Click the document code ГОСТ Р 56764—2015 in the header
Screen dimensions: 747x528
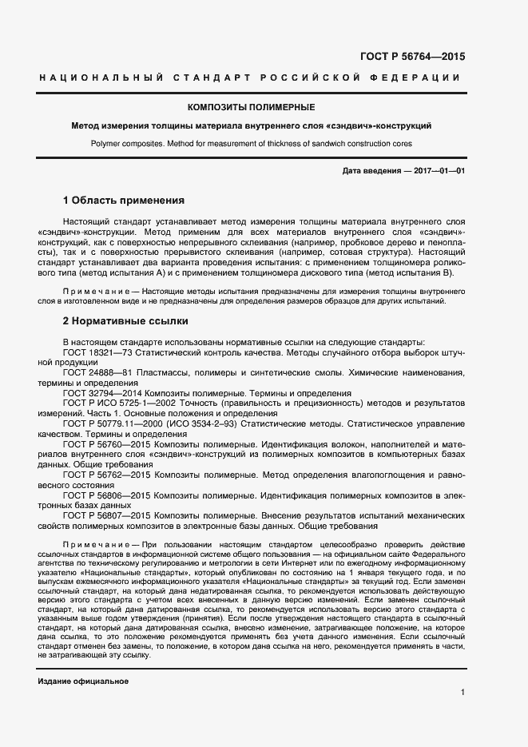[x=411, y=56]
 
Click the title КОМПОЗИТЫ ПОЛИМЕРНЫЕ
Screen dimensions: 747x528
[x=251, y=107]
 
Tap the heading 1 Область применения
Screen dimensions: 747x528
[x=123, y=200]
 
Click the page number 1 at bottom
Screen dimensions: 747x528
[x=462, y=692]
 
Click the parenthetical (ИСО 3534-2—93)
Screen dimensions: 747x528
[x=198, y=424]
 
